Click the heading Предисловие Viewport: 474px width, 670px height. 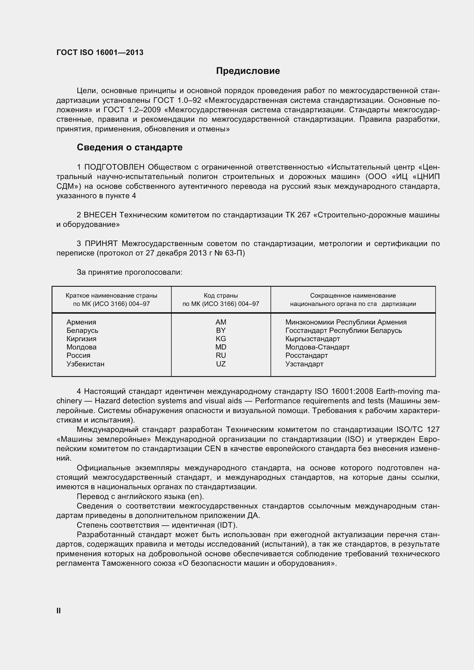[x=248, y=71]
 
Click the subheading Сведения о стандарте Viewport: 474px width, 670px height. [x=129, y=147]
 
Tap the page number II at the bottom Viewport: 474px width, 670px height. [x=58, y=611]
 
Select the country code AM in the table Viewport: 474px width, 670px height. [x=221, y=322]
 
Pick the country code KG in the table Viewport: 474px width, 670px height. [x=221, y=339]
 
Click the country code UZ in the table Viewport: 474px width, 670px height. [x=221, y=364]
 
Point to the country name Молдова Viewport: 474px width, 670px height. [x=81, y=347]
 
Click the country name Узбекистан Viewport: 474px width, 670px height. [x=85, y=364]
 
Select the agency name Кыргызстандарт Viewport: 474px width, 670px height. [x=312, y=339]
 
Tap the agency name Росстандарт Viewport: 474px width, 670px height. [x=306, y=355]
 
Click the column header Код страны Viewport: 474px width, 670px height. [x=221, y=296]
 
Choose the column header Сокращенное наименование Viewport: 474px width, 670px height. [x=352, y=296]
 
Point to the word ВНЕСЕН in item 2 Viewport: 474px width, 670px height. [x=100, y=215]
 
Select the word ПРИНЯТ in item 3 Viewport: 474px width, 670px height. [x=101, y=244]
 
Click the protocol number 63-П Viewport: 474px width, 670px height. [x=235, y=253]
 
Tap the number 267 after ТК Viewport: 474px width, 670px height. [x=303, y=215]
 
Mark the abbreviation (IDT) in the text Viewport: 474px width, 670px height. [x=226, y=525]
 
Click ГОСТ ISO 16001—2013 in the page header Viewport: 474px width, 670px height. [x=100, y=52]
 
